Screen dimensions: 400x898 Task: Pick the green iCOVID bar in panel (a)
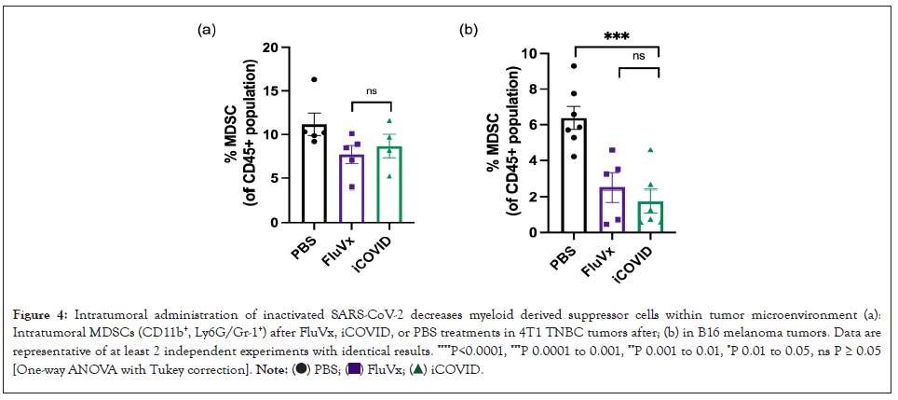click(390, 186)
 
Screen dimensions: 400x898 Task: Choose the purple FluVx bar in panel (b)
click(611, 211)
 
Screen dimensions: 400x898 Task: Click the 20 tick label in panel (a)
click(270, 47)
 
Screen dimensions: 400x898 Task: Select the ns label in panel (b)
click(639, 57)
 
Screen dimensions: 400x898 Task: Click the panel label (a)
click(207, 29)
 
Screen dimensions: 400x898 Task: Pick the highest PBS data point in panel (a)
click(315, 80)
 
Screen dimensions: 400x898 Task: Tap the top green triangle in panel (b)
click(651, 150)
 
